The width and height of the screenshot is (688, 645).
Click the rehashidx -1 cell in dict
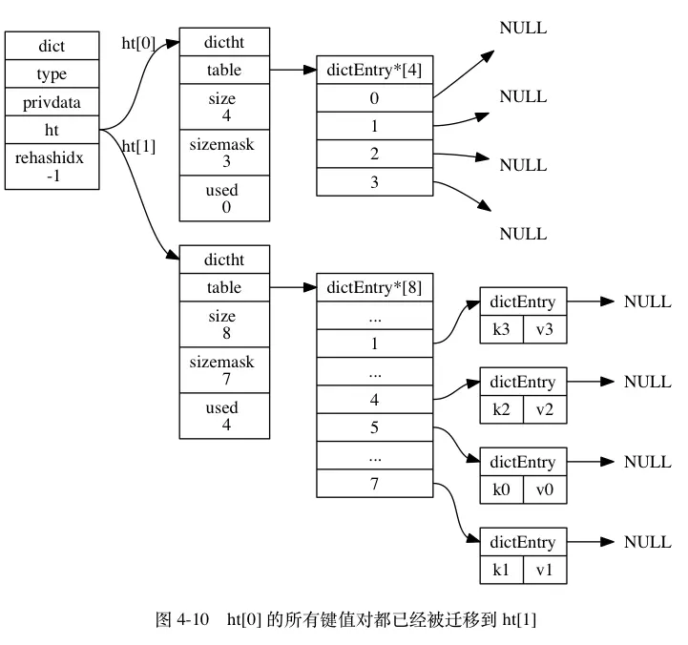point(52,166)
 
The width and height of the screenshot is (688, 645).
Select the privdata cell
point(52,102)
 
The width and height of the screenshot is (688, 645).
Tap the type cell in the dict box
point(52,73)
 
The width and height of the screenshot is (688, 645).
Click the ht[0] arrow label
point(138,43)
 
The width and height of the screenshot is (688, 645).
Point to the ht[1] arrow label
point(138,146)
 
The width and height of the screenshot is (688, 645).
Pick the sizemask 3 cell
point(224,153)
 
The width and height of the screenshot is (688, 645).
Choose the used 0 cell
point(224,198)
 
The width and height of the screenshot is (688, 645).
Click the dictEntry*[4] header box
point(375,70)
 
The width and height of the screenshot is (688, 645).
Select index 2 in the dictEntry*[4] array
point(375,154)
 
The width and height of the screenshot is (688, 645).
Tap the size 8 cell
point(224,324)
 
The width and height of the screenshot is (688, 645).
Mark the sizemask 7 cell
point(224,370)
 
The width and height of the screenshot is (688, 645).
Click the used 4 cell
point(224,415)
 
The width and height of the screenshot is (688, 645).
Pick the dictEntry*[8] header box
point(375,287)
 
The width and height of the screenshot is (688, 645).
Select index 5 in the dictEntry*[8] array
point(375,427)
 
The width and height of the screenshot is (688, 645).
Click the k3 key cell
point(502,329)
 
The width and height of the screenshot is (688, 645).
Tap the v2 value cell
point(545,409)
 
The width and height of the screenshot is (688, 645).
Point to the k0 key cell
point(502,489)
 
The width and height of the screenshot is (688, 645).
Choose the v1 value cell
point(545,570)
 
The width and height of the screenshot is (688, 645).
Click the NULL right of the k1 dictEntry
point(648,542)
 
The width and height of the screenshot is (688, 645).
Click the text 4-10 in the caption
point(193,619)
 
